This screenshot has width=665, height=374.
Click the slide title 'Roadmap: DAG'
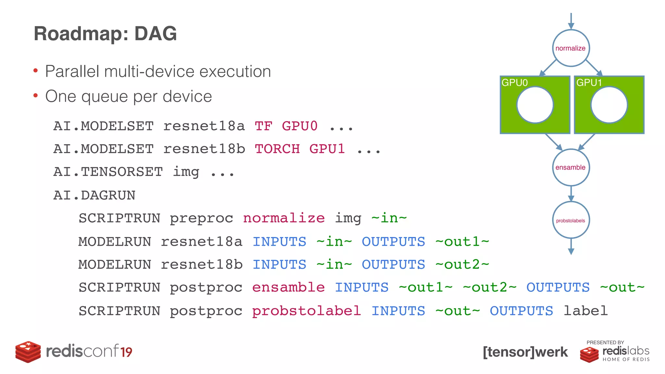click(x=105, y=33)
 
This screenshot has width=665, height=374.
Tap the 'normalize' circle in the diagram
click(x=571, y=48)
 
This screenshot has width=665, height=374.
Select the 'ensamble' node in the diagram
click(x=571, y=168)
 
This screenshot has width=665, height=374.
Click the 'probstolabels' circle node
click(x=571, y=220)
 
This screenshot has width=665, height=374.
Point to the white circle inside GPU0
click(x=535, y=105)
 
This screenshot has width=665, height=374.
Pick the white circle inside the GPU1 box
click(x=609, y=105)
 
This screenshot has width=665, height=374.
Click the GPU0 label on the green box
click(x=515, y=83)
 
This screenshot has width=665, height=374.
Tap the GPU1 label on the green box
click(x=589, y=83)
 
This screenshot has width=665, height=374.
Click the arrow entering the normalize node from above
click(x=571, y=21)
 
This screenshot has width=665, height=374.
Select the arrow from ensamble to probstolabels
click(x=571, y=194)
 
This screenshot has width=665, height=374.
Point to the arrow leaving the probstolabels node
click(x=571, y=247)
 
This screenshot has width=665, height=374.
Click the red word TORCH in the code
click(x=277, y=149)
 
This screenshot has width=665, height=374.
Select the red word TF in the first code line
click(x=263, y=126)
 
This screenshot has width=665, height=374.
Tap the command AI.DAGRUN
click(x=94, y=195)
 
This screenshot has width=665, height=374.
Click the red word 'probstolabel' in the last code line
click(x=306, y=311)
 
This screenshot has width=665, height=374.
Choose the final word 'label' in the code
click(x=585, y=311)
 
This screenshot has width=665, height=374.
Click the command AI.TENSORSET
click(x=108, y=172)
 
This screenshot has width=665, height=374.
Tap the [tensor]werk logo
click(x=525, y=352)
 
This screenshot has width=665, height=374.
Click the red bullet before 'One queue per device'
click(x=36, y=95)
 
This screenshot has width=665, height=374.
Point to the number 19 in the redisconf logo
click(x=126, y=352)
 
